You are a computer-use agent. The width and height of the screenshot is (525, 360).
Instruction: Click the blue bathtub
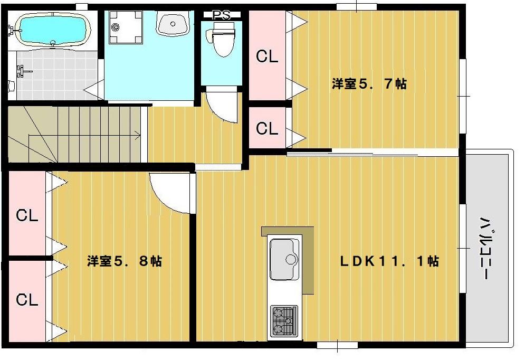click(51, 30)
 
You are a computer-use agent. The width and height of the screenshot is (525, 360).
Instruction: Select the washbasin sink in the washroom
click(173, 24)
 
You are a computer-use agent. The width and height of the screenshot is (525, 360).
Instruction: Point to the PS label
click(221, 15)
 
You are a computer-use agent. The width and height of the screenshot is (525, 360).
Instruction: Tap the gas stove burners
click(284, 321)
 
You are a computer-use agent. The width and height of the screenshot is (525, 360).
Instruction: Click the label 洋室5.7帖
click(369, 83)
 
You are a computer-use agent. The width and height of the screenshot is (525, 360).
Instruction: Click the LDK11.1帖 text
click(389, 261)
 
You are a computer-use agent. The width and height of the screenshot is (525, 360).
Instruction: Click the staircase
click(74, 135)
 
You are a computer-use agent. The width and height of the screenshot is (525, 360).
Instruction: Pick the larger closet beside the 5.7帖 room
click(266, 56)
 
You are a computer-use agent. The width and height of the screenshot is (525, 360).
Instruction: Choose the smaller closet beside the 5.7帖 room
click(266, 128)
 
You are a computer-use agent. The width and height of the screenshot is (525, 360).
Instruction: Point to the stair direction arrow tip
click(140, 136)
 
